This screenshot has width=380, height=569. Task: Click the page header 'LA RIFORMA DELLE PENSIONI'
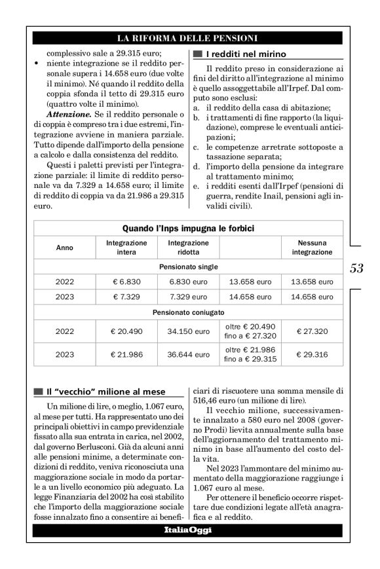tap(187, 38)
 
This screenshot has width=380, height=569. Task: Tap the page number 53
tap(356, 268)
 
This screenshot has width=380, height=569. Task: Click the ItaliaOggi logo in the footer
tap(188, 530)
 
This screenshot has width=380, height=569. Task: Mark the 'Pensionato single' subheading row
tap(189, 266)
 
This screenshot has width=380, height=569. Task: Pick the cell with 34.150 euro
tap(189, 332)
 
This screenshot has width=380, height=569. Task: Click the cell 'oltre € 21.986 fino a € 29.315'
tap(250, 355)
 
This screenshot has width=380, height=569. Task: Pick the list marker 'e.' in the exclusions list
tap(196, 186)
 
